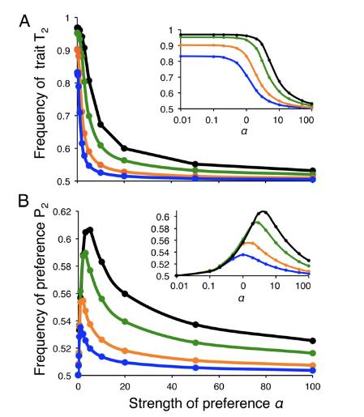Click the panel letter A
click(x=24, y=21)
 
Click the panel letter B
click(x=24, y=201)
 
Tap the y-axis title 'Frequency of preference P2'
click(x=41, y=289)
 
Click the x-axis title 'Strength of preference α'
click(x=206, y=403)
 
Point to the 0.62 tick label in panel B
click(x=63, y=211)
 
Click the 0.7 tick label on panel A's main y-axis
click(x=64, y=116)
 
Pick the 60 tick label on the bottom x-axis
click(x=219, y=386)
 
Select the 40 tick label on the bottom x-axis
click(x=172, y=386)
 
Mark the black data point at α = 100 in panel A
click(x=313, y=170)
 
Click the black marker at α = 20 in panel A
click(x=124, y=148)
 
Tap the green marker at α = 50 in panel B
click(x=195, y=343)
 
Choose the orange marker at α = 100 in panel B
click(x=313, y=365)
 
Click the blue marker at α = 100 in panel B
click(x=313, y=371)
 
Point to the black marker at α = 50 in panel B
click(x=195, y=325)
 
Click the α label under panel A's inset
click(x=244, y=131)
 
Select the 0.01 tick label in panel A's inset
click(x=182, y=120)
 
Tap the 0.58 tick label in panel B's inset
click(x=162, y=228)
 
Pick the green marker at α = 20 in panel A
click(x=124, y=160)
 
